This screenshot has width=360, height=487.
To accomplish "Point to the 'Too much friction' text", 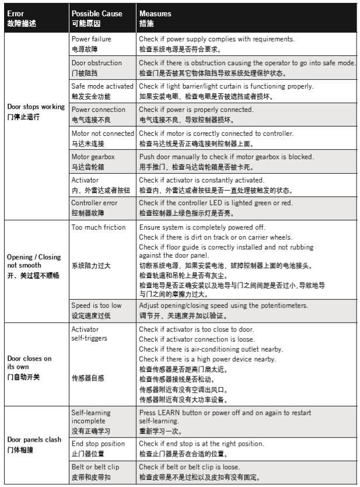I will (99, 227).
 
